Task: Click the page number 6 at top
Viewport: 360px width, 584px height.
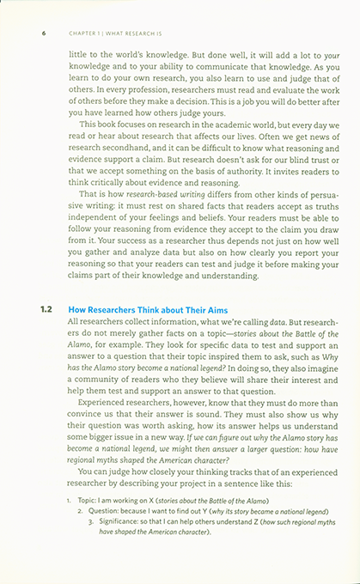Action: (43, 33)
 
